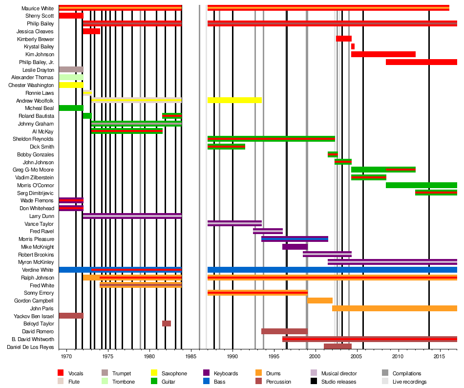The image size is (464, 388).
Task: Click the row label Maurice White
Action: (x=38, y=8)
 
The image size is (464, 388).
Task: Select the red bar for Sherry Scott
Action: (x=71, y=16)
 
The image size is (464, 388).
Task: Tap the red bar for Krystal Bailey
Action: (x=353, y=46)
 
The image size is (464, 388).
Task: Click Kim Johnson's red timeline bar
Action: (x=383, y=54)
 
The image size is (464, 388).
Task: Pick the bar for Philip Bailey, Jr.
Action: (x=421, y=62)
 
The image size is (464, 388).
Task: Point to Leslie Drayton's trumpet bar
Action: (x=71, y=69)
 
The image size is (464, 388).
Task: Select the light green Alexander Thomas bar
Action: (x=71, y=77)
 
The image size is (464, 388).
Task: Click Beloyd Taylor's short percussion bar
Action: (x=167, y=323)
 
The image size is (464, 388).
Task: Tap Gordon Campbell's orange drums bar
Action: (x=320, y=301)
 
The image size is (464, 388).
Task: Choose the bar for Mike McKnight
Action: (x=295, y=247)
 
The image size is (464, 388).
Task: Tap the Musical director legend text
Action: (x=339, y=374)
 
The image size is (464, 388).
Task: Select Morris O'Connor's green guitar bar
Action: (x=421, y=185)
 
